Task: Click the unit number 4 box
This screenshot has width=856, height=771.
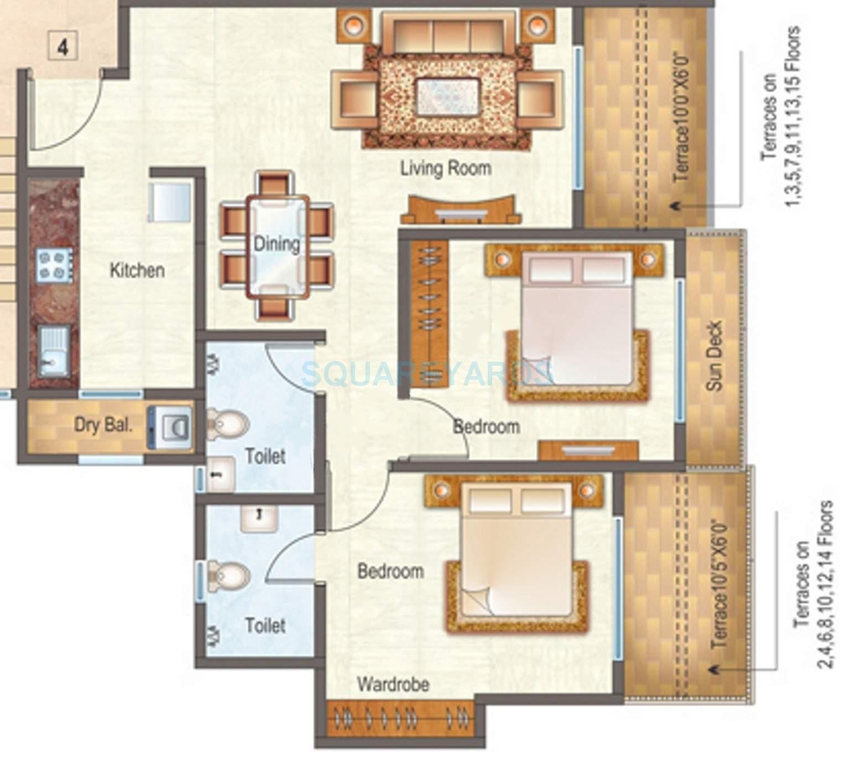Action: [63, 46]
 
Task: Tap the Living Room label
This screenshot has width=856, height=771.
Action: [446, 168]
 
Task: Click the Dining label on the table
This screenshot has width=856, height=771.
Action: [276, 244]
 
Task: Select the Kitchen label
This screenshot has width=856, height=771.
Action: [137, 270]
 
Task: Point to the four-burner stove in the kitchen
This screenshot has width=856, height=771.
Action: [54, 264]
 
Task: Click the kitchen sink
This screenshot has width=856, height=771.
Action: [54, 348]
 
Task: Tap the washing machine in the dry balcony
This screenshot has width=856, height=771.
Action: [170, 426]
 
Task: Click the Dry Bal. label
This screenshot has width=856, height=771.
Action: [103, 425]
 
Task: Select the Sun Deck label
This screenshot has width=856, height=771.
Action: [714, 356]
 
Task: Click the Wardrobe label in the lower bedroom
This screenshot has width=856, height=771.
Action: [393, 684]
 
